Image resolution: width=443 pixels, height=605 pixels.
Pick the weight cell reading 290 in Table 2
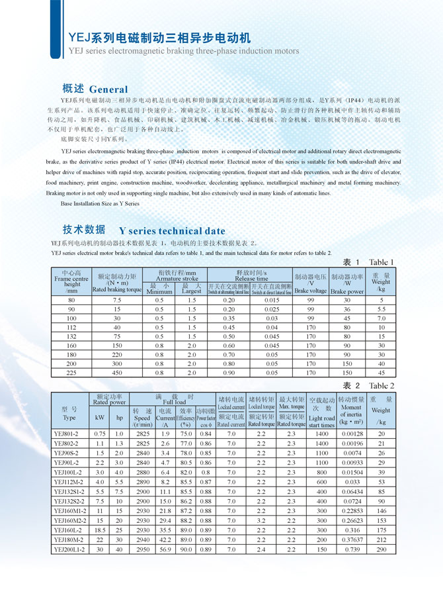click(381, 550)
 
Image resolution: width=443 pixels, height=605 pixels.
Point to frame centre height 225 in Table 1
click(71, 373)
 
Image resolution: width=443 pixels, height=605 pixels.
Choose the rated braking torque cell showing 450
click(117, 373)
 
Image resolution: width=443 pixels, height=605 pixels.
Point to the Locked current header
click(231, 407)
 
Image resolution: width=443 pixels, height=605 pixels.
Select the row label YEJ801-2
click(68, 434)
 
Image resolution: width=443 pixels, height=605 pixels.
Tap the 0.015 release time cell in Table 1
click(272, 300)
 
